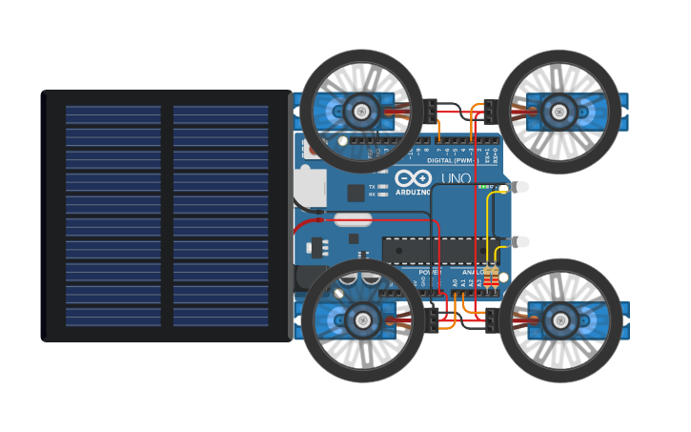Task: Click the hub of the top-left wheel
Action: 361,112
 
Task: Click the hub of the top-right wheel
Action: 559,112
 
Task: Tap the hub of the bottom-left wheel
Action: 361,320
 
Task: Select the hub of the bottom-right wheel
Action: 559,320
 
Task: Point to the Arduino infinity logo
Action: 414,178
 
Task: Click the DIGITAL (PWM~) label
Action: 452,160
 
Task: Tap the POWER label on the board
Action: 429,272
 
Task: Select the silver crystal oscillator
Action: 353,219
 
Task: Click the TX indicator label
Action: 372,187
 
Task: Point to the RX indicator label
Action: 372,195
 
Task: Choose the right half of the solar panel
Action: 221,216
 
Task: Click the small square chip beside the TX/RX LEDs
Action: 356,194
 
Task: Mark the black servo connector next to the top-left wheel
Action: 431,112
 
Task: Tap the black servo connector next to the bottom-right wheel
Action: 491,320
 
